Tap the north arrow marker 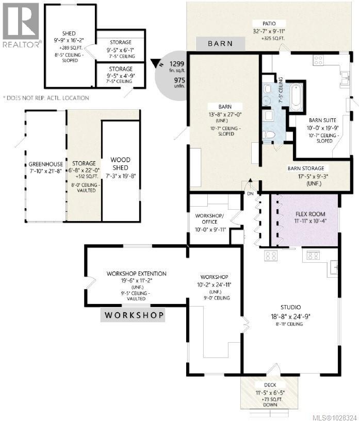point(155,64)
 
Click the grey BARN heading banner point(220,44)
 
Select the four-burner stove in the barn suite point(318,60)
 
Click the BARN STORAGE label point(306,168)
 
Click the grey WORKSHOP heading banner point(134,314)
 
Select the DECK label point(270,385)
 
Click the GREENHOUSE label point(45,164)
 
